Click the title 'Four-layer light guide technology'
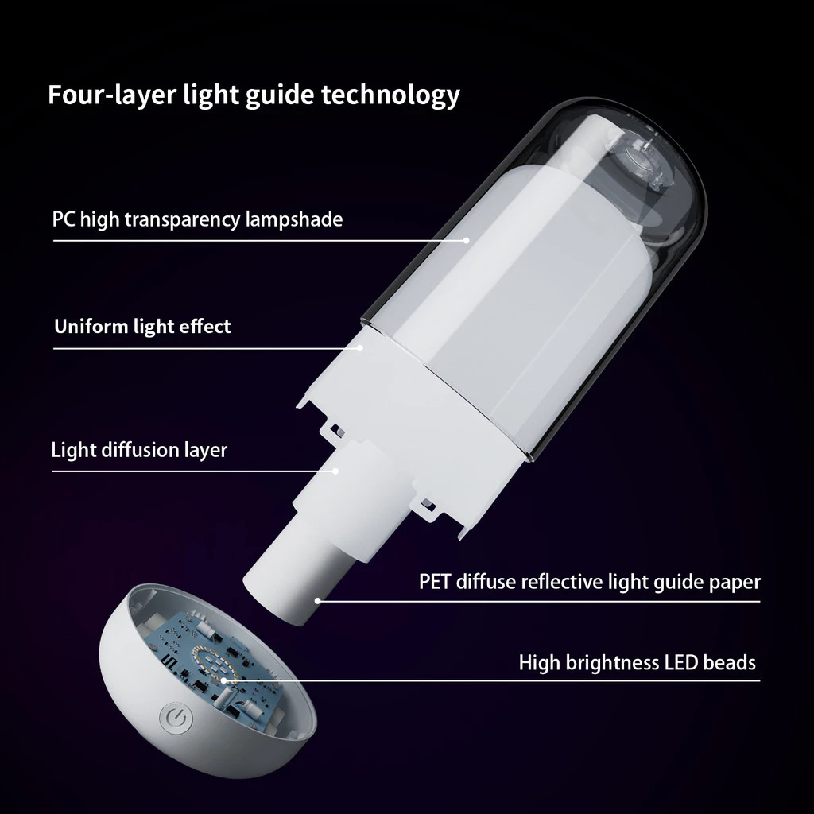pyautogui.click(x=254, y=95)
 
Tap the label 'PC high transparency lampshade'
pyautogui.click(x=197, y=219)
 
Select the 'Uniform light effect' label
pyautogui.click(x=142, y=327)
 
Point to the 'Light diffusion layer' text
pyautogui.click(x=139, y=450)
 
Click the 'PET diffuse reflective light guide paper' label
pyautogui.click(x=590, y=582)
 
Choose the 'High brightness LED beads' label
pyautogui.click(x=638, y=663)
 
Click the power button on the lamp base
pyautogui.click(x=177, y=719)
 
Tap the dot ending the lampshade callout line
pyautogui.click(x=466, y=240)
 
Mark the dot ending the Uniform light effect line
pyautogui.click(x=360, y=348)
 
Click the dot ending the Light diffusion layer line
pyautogui.click(x=335, y=471)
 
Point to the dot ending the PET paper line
pyautogui.click(x=318, y=601)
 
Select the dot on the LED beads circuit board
pyautogui.click(x=224, y=680)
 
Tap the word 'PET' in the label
pyautogui.click(x=435, y=581)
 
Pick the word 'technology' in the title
pyautogui.click(x=390, y=95)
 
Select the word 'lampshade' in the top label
pyautogui.click(x=294, y=220)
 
